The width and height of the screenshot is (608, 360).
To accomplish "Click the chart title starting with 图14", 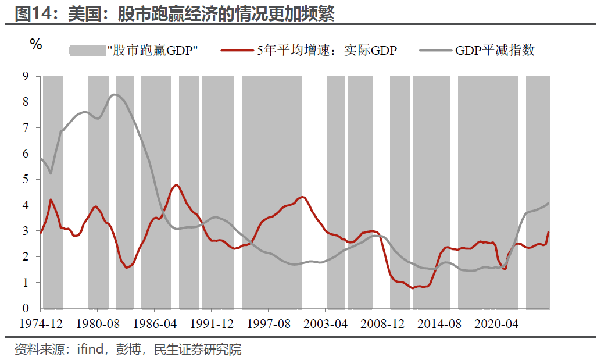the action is pos(174,14).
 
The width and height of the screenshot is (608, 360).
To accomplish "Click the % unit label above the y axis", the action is pos(36,44).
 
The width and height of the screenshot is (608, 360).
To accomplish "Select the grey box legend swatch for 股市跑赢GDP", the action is pos(88,51).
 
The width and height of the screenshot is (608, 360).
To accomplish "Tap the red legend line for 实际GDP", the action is pos(237,51).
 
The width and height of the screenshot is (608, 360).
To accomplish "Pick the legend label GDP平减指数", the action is pos(495,51).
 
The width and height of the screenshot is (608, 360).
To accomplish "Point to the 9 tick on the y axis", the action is pos(26,76).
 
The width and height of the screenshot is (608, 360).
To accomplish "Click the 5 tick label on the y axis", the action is pos(26,179).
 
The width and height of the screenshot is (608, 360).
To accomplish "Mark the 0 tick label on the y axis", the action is pos(26,308).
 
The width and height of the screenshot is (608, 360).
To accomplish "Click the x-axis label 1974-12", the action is pos(41,324).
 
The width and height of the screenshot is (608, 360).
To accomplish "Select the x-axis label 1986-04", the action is pos(155,324).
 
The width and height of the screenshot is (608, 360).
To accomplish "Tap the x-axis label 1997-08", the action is pos(269,324).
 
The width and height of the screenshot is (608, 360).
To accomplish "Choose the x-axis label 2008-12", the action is pos(382,324).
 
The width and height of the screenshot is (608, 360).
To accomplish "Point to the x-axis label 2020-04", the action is pos(496,324).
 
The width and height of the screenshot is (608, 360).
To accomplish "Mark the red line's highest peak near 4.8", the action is pos(177,185).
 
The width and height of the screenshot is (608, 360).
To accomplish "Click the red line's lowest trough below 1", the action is pos(412,288).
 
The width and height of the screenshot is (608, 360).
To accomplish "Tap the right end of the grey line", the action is pos(548,204).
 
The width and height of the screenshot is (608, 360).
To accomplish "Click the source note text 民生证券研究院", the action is pos(198,350).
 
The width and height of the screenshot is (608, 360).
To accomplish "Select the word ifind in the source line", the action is pos(90,349).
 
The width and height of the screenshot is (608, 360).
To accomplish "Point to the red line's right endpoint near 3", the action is pos(548,232).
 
